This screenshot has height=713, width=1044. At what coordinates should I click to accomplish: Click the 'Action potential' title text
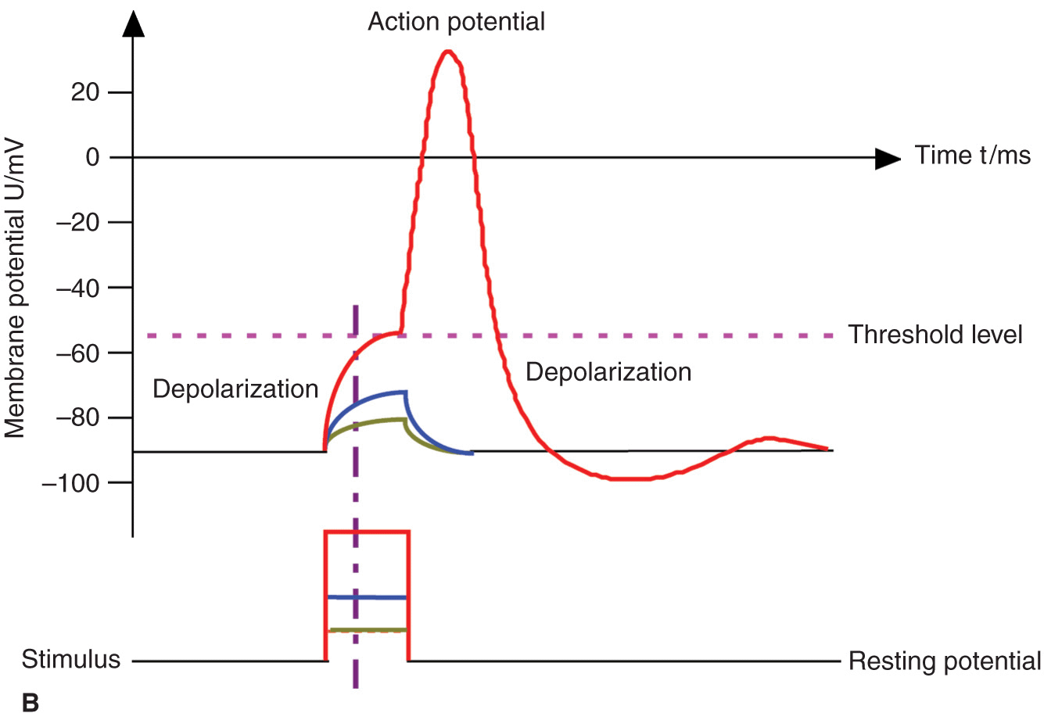pos(456,22)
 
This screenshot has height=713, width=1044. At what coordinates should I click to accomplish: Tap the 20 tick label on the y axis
pos(86,92)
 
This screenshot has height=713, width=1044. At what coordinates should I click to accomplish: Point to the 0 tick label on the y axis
pos(93,157)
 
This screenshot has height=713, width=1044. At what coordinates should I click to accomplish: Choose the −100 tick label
pos(71,482)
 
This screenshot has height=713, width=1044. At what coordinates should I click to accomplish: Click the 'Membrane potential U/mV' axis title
pos(16,289)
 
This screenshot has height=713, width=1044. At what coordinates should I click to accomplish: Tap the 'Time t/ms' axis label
pos(972,156)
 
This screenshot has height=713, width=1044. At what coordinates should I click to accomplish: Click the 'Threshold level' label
pos(935,335)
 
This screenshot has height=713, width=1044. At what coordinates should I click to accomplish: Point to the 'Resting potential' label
pos(945,661)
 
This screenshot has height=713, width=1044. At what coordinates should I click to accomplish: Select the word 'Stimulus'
pos(71,659)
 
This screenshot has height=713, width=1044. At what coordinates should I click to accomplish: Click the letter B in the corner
pos(30,701)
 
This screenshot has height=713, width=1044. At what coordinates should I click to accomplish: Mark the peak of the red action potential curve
pos(447,52)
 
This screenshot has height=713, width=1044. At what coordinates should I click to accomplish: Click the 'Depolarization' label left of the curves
pos(235,389)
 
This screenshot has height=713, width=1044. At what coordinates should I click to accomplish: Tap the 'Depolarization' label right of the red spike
pos(608,371)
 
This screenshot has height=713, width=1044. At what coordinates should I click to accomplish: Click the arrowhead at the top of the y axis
pos(134,26)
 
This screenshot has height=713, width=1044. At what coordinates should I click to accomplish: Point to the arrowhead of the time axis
pos(888,159)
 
